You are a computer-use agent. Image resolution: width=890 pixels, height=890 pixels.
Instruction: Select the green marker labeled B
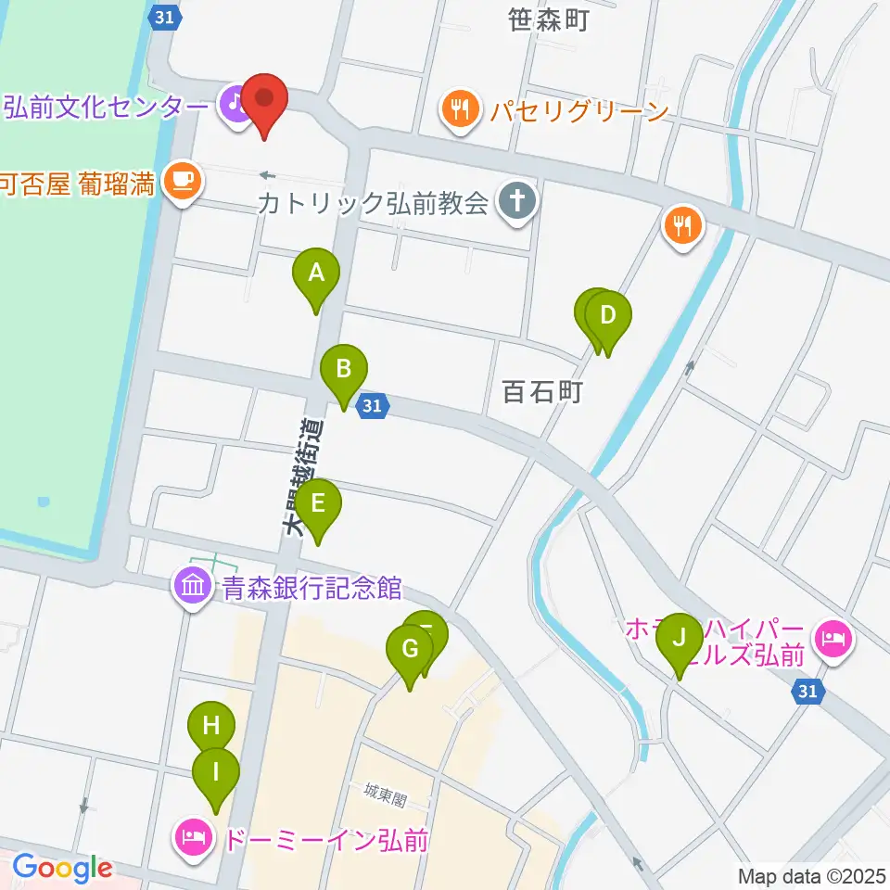tap(343, 371)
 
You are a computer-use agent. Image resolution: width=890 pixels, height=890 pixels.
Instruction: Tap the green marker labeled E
tap(318, 505)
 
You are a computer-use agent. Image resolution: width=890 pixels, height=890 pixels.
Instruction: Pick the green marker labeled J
tap(680, 640)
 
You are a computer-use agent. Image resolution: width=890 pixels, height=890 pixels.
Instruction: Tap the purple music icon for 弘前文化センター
tap(233, 105)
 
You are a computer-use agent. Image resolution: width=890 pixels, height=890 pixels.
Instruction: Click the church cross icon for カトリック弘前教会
tap(513, 204)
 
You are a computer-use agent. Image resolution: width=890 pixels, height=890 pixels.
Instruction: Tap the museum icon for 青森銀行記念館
tap(192, 586)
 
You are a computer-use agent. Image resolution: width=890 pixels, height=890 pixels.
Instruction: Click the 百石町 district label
tap(541, 392)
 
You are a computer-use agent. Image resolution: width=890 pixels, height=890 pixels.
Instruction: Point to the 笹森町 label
tap(549, 19)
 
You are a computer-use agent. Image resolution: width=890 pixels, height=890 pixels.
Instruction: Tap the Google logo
tap(63, 869)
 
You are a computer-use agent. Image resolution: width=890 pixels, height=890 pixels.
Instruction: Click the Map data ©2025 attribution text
tap(809, 875)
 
